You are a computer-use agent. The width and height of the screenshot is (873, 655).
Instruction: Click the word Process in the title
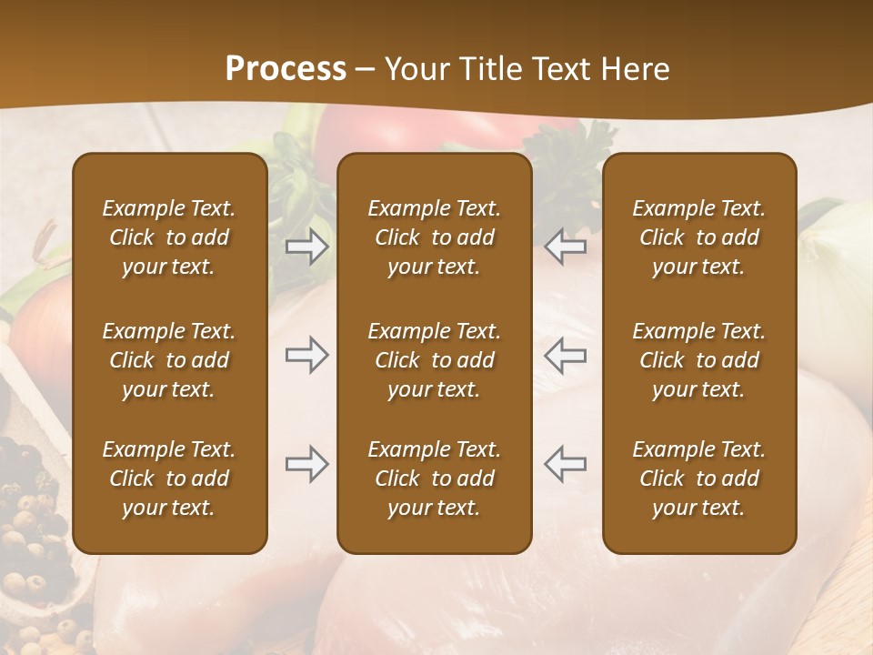pos(286,69)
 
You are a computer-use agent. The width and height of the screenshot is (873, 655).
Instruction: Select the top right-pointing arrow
pos(307,247)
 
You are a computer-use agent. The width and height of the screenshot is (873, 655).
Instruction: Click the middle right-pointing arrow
pos(307,355)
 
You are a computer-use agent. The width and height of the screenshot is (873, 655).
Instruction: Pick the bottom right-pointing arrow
pos(307,464)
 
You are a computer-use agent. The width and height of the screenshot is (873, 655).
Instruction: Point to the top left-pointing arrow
pos(566,247)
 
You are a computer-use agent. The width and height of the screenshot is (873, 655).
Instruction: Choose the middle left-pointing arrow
pos(566,355)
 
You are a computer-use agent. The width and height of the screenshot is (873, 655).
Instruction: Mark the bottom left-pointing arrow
pos(566,464)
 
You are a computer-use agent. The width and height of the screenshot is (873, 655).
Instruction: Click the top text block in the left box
pos(169,237)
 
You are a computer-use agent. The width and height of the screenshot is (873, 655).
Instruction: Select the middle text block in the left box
pos(169,360)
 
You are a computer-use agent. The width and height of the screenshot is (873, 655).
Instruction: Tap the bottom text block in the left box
pos(169,479)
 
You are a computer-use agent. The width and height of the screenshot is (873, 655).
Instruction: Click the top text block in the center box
pos(434,237)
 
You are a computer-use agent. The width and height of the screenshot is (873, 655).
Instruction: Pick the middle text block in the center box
pos(434,360)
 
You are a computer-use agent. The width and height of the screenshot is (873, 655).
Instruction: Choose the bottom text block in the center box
pos(434,479)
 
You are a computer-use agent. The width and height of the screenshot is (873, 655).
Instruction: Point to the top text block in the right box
pos(698,237)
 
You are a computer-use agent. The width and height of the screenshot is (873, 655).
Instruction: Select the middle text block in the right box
pos(698,360)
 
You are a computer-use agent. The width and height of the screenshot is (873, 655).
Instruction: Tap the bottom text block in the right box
pos(698,479)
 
